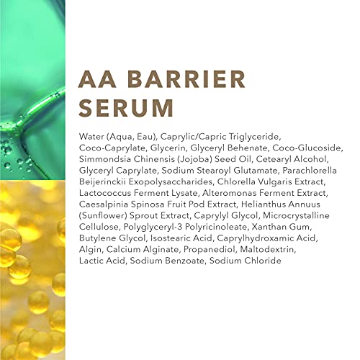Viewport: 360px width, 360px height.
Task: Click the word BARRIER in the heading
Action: (x=186, y=79)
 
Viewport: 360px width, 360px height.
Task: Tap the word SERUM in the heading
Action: (x=126, y=108)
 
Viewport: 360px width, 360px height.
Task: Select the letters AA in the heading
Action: (x=97, y=79)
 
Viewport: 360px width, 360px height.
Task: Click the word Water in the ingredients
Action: (x=91, y=137)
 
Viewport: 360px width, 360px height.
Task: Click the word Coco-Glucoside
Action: (x=307, y=148)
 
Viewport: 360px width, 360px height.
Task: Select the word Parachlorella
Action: (x=310, y=171)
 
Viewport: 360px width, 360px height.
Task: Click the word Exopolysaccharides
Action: (x=170, y=182)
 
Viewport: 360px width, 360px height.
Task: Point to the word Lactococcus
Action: (x=105, y=193)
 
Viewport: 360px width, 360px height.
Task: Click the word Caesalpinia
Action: (x=104, y=204)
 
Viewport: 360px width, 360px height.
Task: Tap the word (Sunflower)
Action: (x=103, y=216)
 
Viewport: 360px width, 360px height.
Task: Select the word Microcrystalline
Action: (x=296, y=216)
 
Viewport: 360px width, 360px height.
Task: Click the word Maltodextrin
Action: (x=267, y=250)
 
